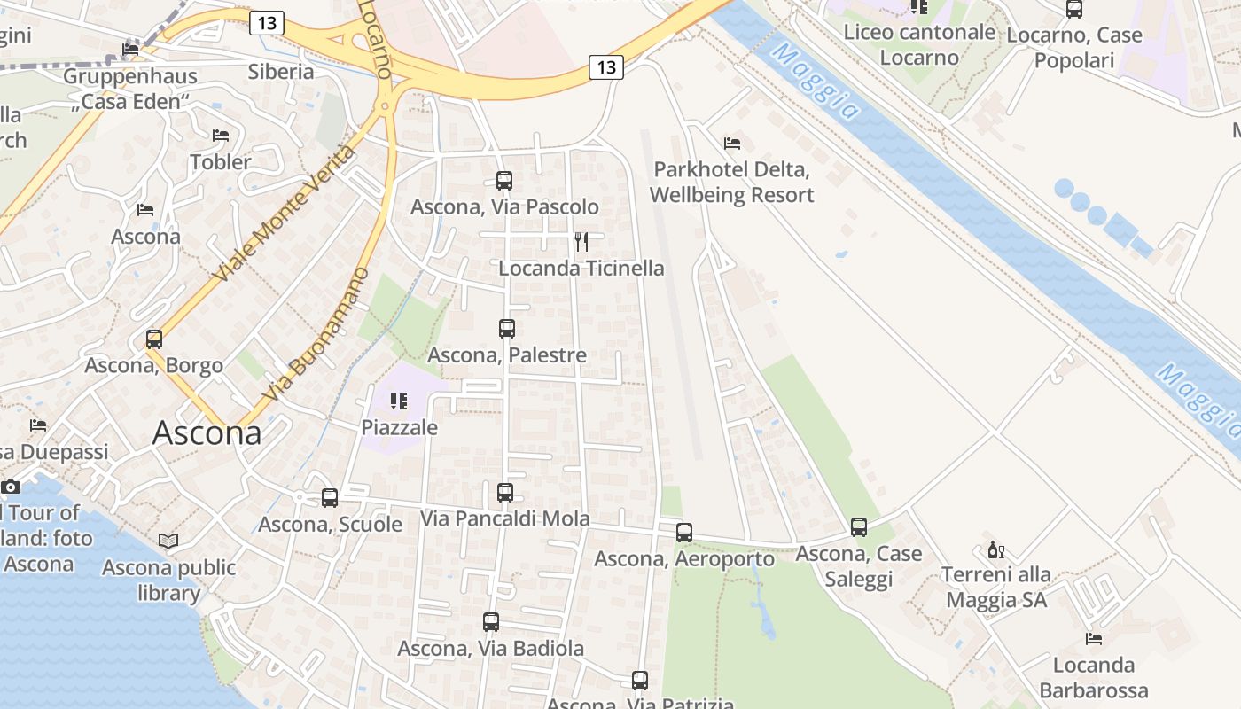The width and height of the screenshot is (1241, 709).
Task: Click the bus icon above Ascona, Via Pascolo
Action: pyautogui.click(x=504, y=181)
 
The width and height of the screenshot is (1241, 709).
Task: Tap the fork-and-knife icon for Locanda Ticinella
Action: pyautogui.click(x=581, y=242)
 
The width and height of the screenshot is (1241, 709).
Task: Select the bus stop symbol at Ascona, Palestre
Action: pyautogui.click(x=507, y=329)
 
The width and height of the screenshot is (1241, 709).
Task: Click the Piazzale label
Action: pyautogui.click(x=399, y=427)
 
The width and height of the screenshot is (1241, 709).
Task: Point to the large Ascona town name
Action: pyautogui.click(x=207, y=433)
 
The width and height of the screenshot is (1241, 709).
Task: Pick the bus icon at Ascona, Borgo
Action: pyautogui.click(x=154, y=339)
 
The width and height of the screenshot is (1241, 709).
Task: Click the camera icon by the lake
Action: pyautogui.click(x=11, y=487)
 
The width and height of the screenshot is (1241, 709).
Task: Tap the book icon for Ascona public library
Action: pyautogui.click(x=168, y=541)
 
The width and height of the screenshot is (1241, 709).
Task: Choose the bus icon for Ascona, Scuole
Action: pyautogui.click(x=330, y=498)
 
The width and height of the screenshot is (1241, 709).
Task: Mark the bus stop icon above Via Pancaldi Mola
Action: pyautogui.click(x=505, y=493)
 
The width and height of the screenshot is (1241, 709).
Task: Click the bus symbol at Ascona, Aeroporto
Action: pyautogui.click(x=684, y=533)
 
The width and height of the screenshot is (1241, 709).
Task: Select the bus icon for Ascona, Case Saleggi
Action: pyautogui.click(x=859, y=527)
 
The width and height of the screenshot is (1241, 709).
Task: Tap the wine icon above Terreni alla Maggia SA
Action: pyautogui.click(x=996, y=549)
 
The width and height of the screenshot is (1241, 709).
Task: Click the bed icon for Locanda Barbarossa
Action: pyautogui.click(x=1094, y=639)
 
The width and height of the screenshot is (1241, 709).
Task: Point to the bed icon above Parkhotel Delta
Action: pyautogui.click(x=732, y=143)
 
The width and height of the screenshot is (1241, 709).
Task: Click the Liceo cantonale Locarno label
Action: pyautogui.click(x=919, y=44)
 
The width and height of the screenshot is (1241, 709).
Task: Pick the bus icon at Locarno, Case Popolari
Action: pyautogui.click(x=1074, y=10)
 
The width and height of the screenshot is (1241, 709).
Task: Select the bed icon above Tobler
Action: pyautogui.click(x=221, y=136)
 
